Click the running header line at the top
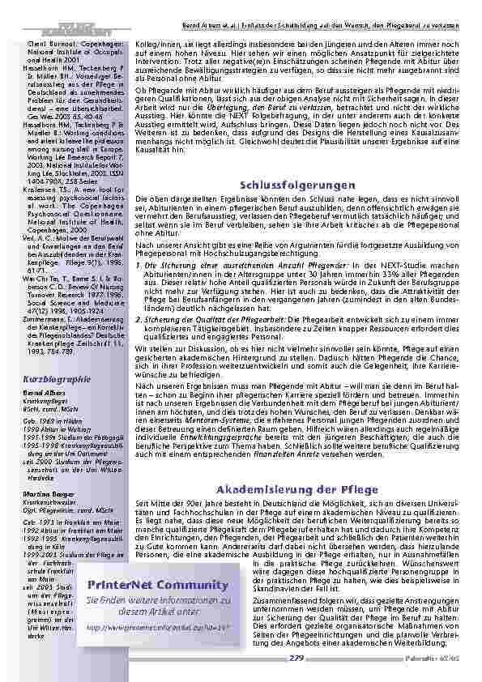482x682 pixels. pyautogui.click(x=317, y=6)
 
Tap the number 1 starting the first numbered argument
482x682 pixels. pyautogui.click(x=137, y=266)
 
